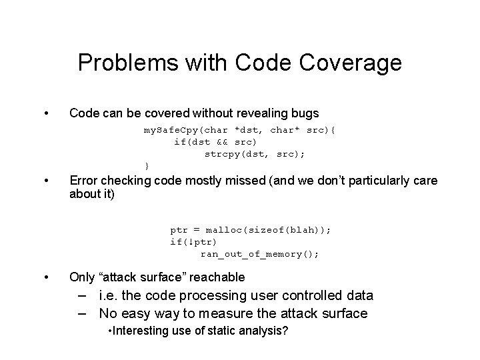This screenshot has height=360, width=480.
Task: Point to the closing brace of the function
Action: click(x=147, y=165)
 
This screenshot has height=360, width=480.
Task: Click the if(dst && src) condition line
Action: click(x=215, y=141)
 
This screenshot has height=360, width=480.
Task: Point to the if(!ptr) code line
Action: click(x=193, y=241)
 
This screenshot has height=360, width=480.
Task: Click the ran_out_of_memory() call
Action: click(x=260, y=253)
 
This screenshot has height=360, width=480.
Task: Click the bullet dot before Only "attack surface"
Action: click(x=45, y=277)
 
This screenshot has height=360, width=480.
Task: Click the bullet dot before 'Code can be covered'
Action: click(x=45, y=113)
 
